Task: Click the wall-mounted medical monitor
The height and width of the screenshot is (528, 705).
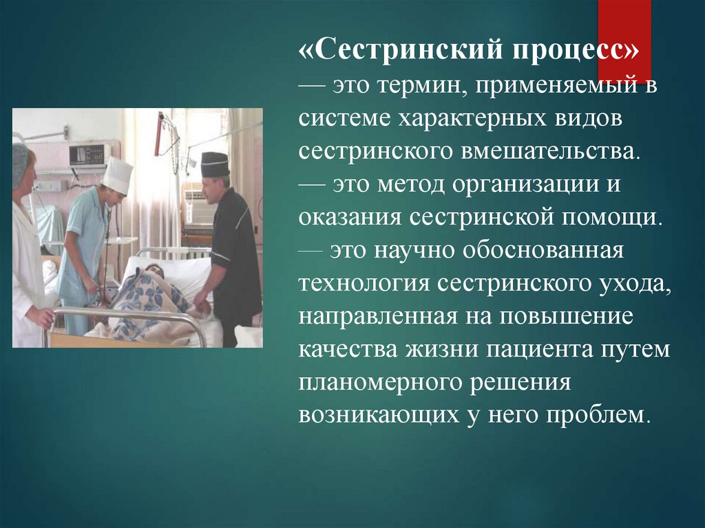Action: (x=89, y=155)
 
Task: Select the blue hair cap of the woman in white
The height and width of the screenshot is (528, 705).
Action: (x=20, y=164)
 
